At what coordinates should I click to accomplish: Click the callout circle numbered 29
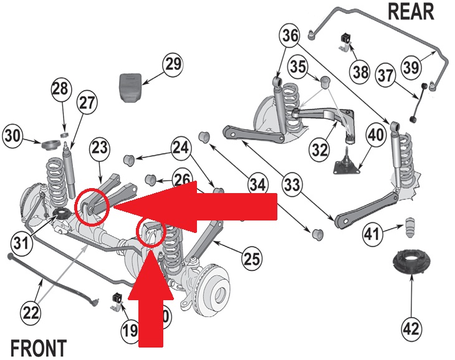pos(173,64)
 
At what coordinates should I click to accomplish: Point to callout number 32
pos(320,149)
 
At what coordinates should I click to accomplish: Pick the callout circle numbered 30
pos(15,135)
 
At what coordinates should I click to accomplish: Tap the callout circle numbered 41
pos(372,235)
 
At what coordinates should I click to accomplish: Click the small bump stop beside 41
pos(411,227)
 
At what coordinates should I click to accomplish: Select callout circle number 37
pos(385,76)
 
